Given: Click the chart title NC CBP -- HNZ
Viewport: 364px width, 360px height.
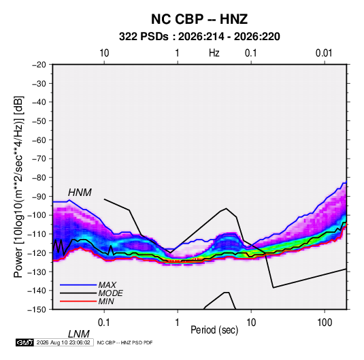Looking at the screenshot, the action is [x=199, y=19].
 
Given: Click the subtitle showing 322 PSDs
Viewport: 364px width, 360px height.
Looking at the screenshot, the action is [x=199, y=37].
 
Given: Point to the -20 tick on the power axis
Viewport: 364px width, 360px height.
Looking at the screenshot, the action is [x=39, y=65].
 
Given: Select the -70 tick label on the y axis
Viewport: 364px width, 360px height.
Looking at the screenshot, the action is [x=39, y=159].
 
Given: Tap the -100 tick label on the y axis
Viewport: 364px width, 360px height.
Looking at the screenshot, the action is [x=37, y=215].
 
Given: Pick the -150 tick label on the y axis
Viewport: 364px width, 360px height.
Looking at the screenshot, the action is [x=37, y=310].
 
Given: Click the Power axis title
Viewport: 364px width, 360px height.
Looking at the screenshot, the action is [x=18, y=186].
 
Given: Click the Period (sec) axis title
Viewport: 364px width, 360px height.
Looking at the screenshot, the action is [x=214, y=330].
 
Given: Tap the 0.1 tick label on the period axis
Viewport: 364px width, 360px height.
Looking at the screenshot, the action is [x=104, y=323].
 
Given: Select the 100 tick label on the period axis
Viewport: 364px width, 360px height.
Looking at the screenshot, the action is [x=325, y=323].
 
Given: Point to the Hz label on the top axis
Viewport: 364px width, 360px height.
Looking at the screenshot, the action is [x=214, y=53].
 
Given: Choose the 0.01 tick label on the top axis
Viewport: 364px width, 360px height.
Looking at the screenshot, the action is [x=324, y=53].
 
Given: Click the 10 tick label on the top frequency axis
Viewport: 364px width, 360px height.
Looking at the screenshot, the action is [x=104, y=53].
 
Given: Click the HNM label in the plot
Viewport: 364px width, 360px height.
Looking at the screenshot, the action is [x=80, y=193].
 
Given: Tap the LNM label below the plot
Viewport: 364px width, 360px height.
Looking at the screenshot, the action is [x=78, y=334].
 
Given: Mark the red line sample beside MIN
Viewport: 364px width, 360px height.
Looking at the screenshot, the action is [x=78, y=301].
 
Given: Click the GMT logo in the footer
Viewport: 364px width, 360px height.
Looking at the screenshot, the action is [x=24, y=342].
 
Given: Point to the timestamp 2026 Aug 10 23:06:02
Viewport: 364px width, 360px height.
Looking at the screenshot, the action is [x=63, y=342].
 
